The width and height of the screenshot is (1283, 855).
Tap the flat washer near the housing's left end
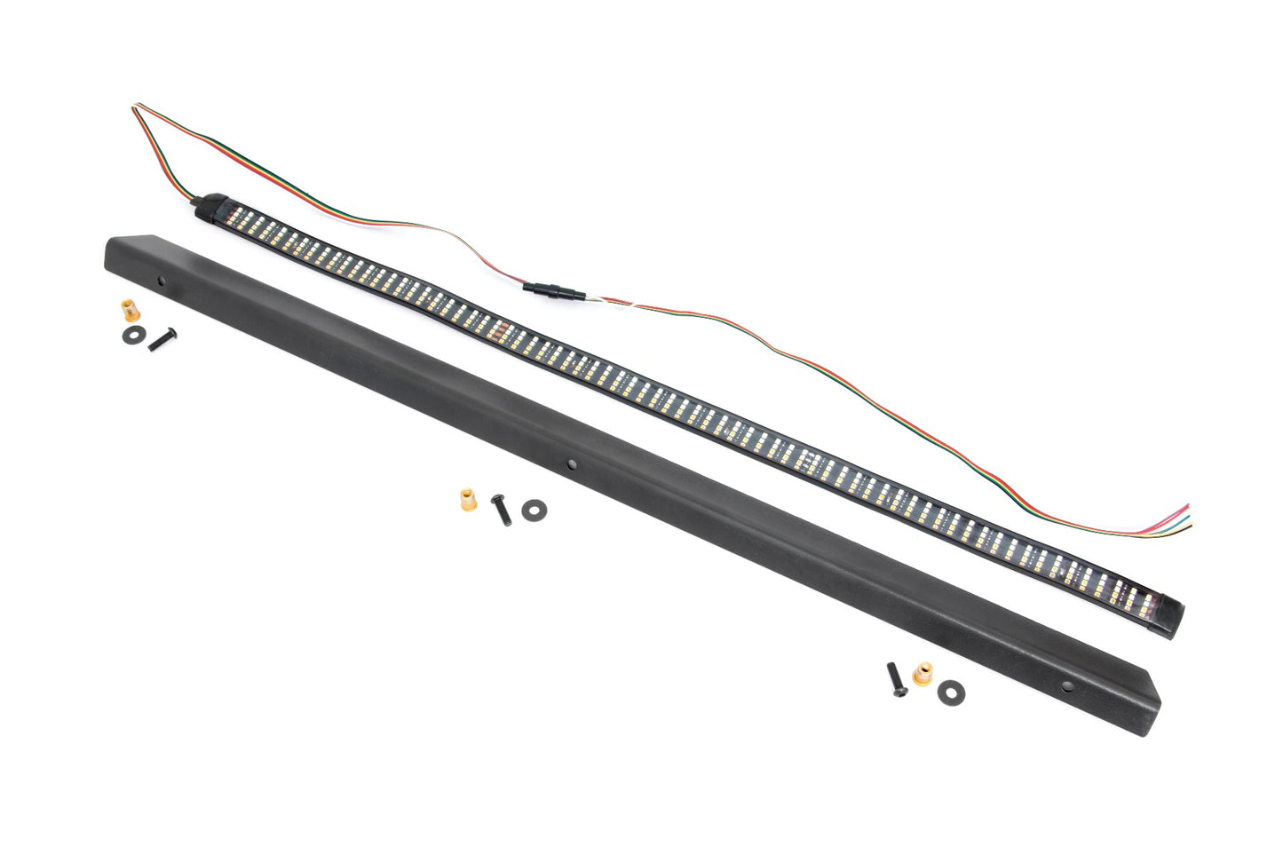(136, 333)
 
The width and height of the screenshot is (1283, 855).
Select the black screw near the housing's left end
(163, 337)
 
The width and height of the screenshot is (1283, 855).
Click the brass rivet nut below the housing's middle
(467, 499)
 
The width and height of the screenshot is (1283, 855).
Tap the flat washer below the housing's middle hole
(534, 510)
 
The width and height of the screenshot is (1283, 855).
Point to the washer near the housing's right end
(953, 690)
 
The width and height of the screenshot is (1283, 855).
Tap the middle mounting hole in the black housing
(570, 464)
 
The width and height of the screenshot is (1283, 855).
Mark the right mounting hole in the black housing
(1065, 685)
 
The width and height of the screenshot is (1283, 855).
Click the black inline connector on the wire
(550, 290)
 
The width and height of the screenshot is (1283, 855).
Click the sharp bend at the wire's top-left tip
(137, 107)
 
